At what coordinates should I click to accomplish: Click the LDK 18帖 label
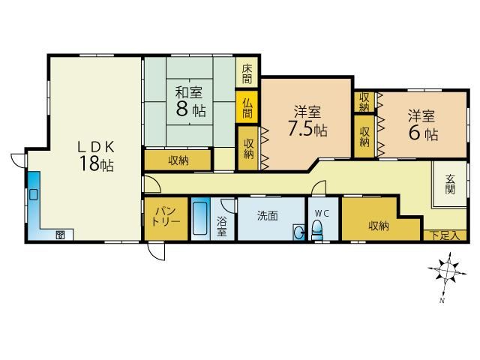click(96, 155)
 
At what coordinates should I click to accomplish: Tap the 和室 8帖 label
click(190, 102)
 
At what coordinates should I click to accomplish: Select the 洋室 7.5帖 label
click(307, 121)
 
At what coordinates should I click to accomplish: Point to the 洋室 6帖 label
click(422, 125)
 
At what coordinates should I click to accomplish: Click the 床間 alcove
click(247, 72)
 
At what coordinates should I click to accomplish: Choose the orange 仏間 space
click(247, 107)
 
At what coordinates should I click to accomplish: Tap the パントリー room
click(166, 218)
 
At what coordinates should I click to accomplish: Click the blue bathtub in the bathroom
click(200, 218)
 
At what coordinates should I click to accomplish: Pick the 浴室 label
click(222, 226)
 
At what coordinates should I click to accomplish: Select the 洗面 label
click(267, 216)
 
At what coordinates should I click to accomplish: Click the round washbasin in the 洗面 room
click(298, 232)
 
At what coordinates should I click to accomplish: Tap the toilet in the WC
click(316, 230)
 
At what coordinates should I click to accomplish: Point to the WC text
click(322, 214)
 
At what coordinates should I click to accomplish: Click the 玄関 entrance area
click(450, 184)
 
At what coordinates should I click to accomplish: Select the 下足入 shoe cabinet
click(445, 235)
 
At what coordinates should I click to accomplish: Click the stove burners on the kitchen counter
click(60, 235)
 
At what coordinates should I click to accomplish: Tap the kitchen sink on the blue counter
click(33, 194)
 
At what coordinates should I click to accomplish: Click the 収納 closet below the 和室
click(178, 160)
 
